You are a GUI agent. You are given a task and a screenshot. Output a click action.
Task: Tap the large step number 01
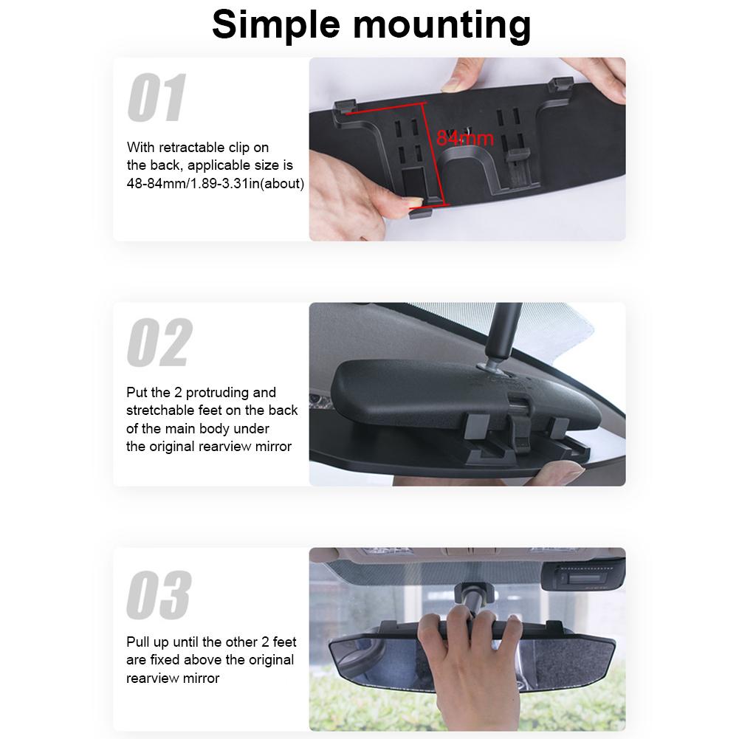point(157,98)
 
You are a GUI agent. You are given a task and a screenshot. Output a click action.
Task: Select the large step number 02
point(159,343)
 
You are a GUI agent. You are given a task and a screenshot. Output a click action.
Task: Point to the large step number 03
point(158,595)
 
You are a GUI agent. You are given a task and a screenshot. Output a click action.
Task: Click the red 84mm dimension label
point(464,138)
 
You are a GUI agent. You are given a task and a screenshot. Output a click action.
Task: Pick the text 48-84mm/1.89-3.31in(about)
point(215,183)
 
